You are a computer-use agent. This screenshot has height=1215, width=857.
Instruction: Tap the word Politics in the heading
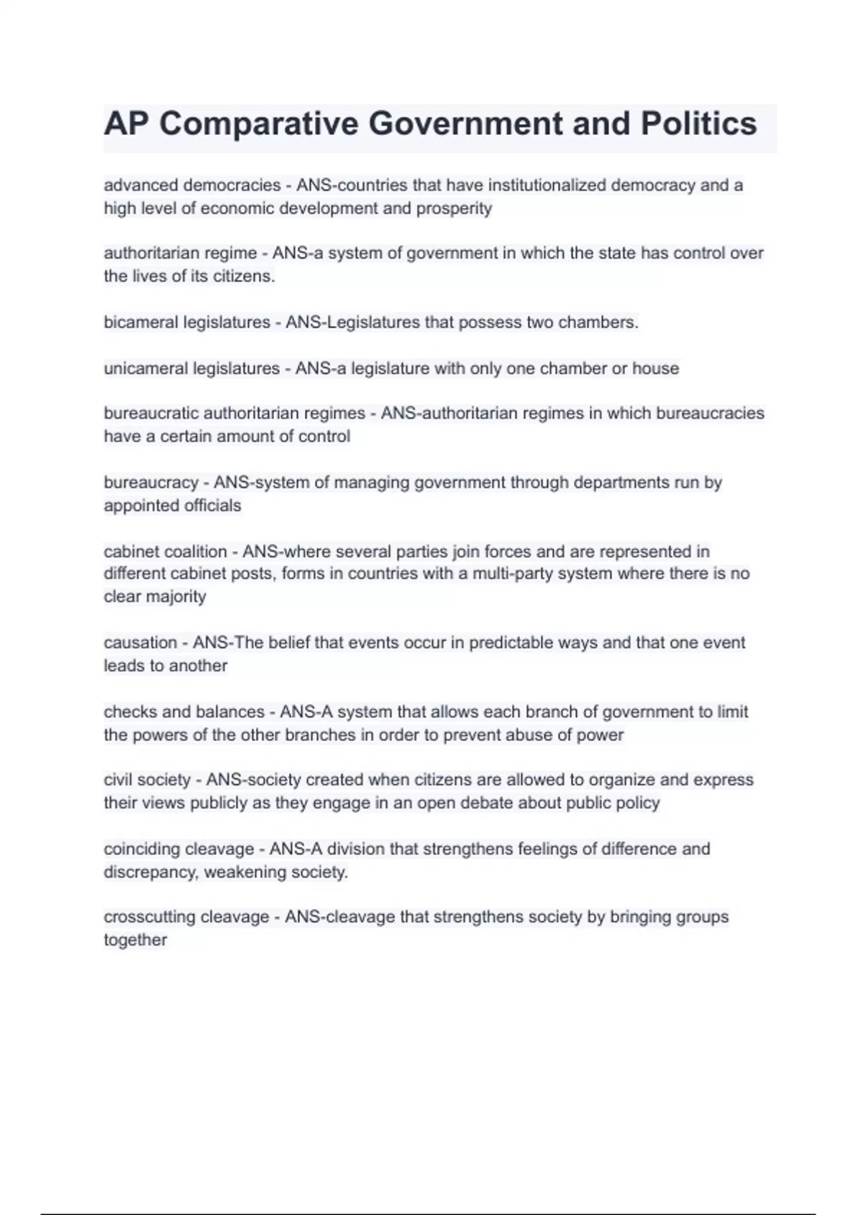tap(698, 124)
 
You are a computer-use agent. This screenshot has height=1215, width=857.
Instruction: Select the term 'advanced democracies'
tap(192, 185)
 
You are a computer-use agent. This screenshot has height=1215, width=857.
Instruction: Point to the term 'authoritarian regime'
tap(180, 253)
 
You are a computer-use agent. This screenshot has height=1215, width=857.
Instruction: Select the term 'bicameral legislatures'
tap(187, 322)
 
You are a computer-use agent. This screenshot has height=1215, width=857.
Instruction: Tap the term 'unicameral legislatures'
tap(191, 369)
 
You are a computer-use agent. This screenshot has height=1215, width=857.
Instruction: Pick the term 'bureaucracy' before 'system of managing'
tap(151, 482)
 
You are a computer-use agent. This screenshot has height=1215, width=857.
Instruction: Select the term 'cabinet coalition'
tap(165, 552)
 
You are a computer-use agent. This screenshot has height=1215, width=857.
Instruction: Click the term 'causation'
tap(140, 643)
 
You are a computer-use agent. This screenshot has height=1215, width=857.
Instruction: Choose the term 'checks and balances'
tap(184, 712)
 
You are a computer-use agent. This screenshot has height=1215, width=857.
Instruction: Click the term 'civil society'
tap(147, 780)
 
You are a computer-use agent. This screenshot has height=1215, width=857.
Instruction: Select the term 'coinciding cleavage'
tap(179, 849)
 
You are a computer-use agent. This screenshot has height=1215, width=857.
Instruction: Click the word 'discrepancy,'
tap(151, 873)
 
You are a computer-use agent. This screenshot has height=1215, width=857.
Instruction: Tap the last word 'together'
tap(135, 941)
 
